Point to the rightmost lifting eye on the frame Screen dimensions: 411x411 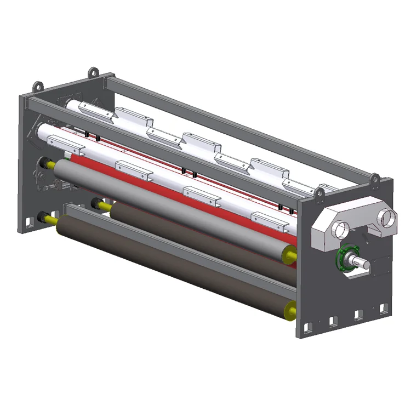click(x=375, y=178)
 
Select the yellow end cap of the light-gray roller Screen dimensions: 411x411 click(x=288, y=253)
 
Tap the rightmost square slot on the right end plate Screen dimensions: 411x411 click(x=379, y=310)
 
